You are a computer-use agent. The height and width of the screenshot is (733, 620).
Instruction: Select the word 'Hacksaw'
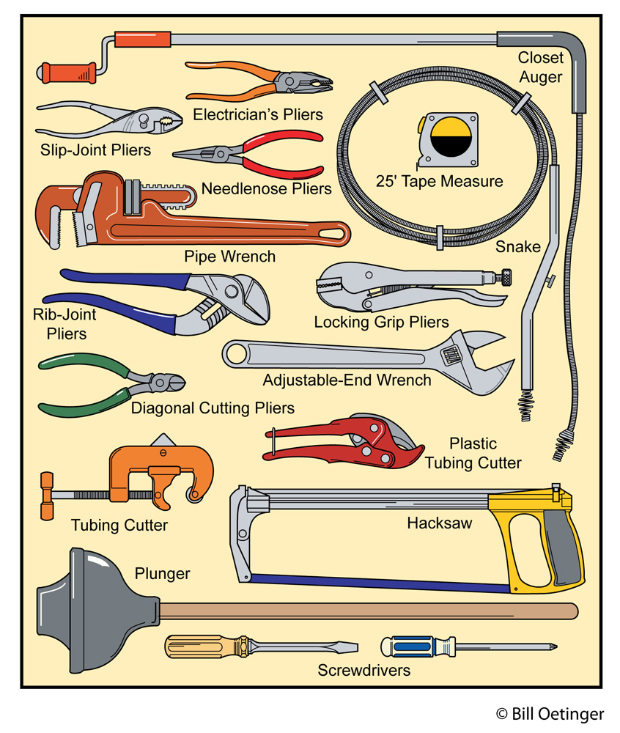(x=440, y=523)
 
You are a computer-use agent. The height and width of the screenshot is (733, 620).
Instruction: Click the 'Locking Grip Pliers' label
(x=381, y=322)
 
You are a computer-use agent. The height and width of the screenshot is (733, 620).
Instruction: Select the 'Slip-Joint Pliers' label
(x=95, y=150)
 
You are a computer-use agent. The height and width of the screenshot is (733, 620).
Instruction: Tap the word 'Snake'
(x=517, y=246)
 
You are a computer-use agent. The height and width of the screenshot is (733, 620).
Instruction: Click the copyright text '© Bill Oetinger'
(x=550, y=713)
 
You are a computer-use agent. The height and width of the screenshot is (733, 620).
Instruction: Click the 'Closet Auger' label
(x=540, y=67)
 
